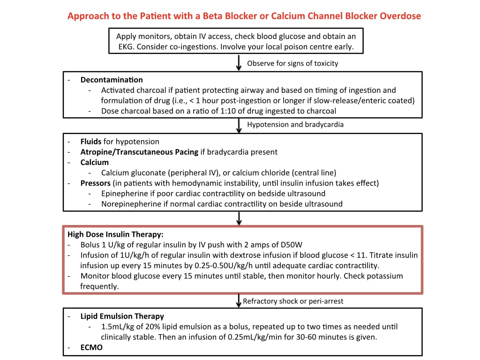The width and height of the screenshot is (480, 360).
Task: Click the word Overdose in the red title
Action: tap(400, 16)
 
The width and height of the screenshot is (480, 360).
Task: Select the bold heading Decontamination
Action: tap(112, 80)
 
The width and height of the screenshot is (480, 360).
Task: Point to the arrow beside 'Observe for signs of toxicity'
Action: tap(239, 63)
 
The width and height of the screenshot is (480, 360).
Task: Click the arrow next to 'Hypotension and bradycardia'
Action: tap(239, 126)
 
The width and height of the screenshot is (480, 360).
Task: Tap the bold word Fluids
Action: tap(90, 142)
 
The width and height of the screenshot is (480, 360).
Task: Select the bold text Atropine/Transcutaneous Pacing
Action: tap(139, 152)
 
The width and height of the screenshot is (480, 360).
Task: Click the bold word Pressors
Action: tap(95, 183)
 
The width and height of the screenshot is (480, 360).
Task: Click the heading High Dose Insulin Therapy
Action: tap(115, 234)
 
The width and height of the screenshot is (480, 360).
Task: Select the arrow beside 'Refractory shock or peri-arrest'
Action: tap(239, 300)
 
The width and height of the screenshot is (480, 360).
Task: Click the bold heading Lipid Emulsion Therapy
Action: tap(122, 316)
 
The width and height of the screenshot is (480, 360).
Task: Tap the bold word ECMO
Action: tap(91, 347)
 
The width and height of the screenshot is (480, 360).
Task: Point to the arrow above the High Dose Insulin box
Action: tap(239, 218)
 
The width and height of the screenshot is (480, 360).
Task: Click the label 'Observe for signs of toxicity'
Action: tap(292, 63)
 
